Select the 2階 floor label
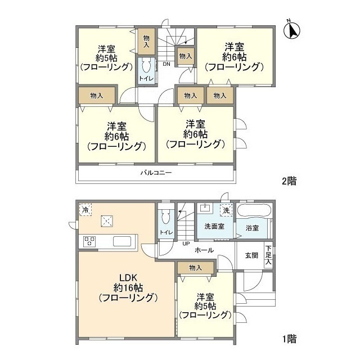[289, 181]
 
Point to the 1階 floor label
[289, 339]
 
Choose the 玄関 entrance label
[251, 255]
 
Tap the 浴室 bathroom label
[252, 228]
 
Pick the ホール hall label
[204, 249]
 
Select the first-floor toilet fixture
[165, 218]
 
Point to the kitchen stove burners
[89, 242]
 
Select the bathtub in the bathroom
[254, 212]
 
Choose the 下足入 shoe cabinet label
[269, 255]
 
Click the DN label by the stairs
[166, 64]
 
